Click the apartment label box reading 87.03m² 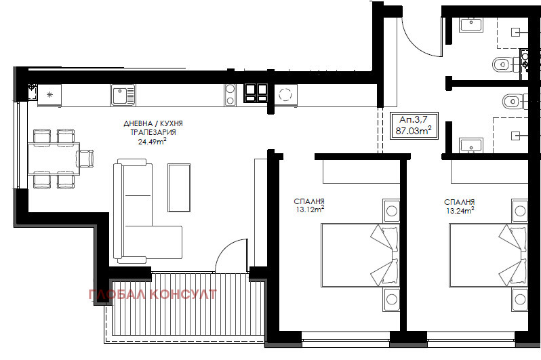click(x=414, y=125)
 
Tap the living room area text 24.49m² click(x=152, y=141)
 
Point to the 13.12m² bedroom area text click(x=310, y=209)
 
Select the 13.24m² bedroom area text click(x=460, y=210)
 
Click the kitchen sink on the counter click(x=123, y=95)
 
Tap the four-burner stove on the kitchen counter click(x=256, y=93)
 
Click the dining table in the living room click(x=54, y=159)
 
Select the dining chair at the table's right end click(x=85, y=159)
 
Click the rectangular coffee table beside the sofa click(x=179, y=187)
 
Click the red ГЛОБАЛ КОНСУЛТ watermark click(x=153, y=294)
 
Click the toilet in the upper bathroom click(x=505, y=64)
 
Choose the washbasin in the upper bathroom click(x=471, y=25)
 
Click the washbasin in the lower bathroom click(x=471, y=145)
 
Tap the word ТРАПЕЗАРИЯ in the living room click(x=153, y=132)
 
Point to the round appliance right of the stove click(x=285, y=94)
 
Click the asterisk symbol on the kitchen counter click(x=49, y=94)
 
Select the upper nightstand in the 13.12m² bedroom click(x=391, y=211)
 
